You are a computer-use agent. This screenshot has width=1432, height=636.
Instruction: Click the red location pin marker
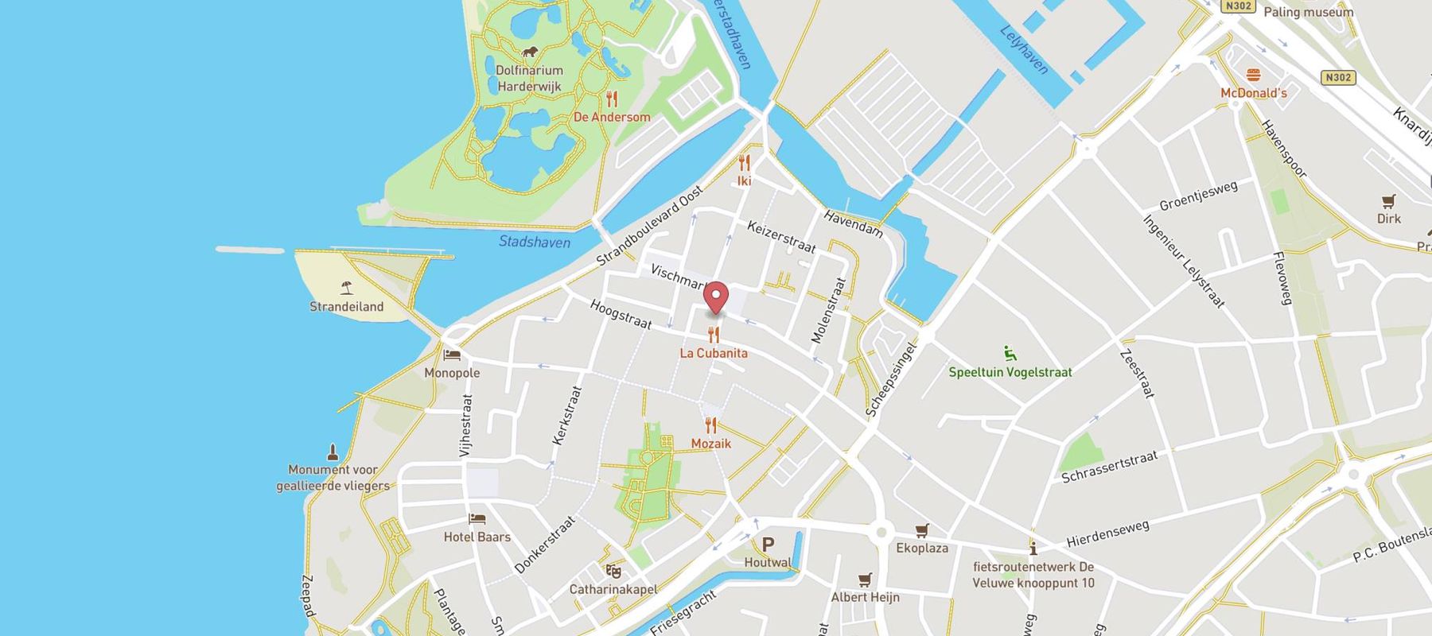click(717, 298)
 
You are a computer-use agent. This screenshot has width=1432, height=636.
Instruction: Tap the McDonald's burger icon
click(1254, 76)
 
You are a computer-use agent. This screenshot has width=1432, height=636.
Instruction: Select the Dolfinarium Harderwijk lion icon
click(530, 52)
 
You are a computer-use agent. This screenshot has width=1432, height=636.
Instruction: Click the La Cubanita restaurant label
click(714, 353)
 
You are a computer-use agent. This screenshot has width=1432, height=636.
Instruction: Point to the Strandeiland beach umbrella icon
click(346, 289)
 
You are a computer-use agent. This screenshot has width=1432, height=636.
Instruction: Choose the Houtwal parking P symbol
click(768, 545)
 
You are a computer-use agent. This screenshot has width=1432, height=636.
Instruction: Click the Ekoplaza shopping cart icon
click(922, 530)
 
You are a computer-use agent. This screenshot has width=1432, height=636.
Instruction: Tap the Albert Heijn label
click(865, 597)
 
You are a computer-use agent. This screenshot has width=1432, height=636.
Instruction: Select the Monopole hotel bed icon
click(452, 355)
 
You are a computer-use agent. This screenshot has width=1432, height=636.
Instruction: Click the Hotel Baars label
click(477, 537)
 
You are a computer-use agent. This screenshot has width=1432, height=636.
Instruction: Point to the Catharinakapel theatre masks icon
click(613, 571)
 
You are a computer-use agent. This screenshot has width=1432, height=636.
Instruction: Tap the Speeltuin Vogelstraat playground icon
click(1010, 354)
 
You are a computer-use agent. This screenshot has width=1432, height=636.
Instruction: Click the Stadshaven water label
click(535, 242)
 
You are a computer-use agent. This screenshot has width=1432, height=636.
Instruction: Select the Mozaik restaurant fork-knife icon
click(710, 425)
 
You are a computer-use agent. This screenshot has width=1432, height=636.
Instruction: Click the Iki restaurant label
click(745, 181)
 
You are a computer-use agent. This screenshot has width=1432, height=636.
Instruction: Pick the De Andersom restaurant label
click(612, 117)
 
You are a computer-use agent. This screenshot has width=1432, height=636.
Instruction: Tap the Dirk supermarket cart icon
click(1389, 201)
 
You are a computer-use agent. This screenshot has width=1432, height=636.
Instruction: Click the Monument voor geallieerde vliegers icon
click(333, 452)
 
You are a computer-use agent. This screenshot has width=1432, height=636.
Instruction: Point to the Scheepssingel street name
click(892, 380)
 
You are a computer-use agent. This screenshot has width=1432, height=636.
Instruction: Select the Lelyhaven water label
click(1025, 49)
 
